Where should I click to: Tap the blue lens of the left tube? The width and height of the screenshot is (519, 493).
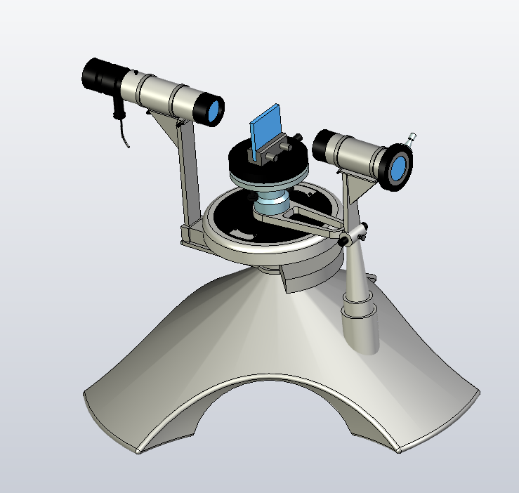(x=214, y=110)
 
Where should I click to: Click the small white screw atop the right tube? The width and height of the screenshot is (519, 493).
(x=412, y=136)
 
